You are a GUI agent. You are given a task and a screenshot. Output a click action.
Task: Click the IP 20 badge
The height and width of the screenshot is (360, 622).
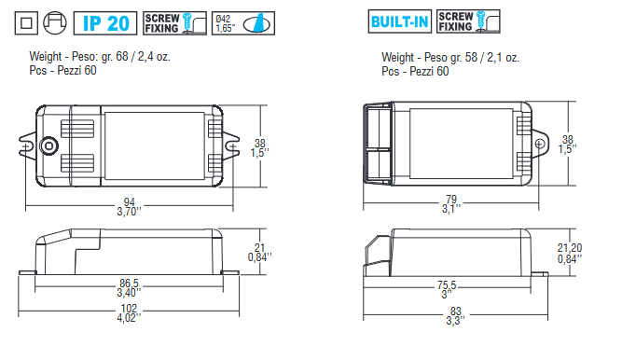105,23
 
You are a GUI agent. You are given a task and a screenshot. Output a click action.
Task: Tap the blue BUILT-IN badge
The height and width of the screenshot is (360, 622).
399,21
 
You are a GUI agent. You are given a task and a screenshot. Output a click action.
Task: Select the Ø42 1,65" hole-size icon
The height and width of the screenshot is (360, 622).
243,23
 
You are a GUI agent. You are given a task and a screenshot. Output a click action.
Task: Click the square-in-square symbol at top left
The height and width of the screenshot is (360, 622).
26,23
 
